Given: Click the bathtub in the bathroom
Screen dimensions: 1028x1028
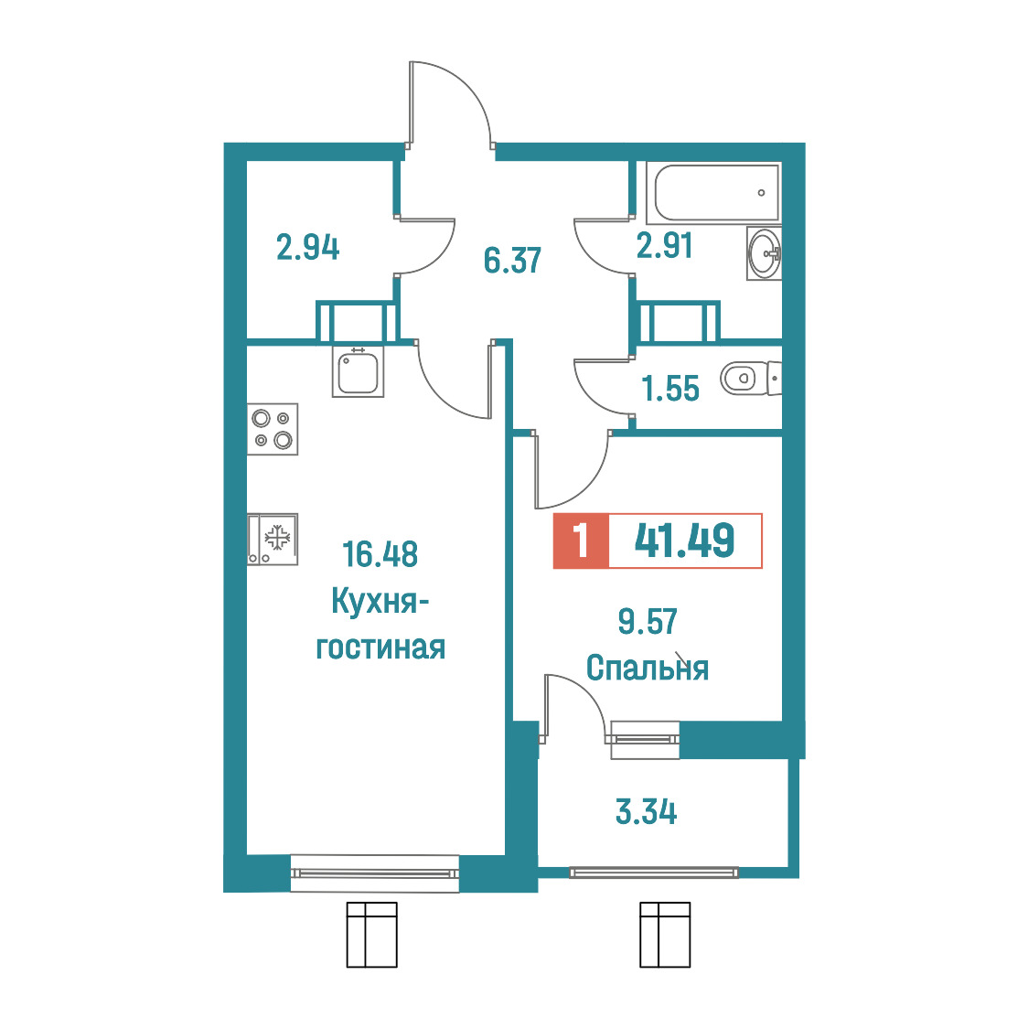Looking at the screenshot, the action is tap(714, 193).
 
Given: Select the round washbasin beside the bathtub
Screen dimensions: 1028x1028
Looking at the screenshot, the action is tap(765, 253).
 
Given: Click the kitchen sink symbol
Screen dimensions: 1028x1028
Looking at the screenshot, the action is tap(358, 371).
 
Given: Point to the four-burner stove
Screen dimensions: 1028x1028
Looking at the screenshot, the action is tap(273, 429).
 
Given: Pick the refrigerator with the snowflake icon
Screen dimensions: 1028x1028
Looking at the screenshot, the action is tap(273, 539).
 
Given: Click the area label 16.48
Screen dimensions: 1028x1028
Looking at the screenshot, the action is tap(380, 554).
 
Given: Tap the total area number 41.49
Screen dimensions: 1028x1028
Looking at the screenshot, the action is tap(684, 541).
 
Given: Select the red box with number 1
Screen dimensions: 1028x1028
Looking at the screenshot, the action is tap(581, 541).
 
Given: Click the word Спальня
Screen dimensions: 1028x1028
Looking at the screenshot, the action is tap(648, 668).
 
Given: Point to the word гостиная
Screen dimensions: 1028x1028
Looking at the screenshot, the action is tap(380, 648).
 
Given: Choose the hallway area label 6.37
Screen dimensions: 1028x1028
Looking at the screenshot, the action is tap(512, 261).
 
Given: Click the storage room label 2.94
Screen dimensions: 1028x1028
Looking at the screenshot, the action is tap(307, 248).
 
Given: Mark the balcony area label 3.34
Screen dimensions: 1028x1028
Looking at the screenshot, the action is tap(646, 811).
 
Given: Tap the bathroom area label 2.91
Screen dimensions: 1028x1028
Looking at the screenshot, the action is tap(664, 246).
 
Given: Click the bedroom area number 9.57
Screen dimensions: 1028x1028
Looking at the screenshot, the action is tap(648, 622).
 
